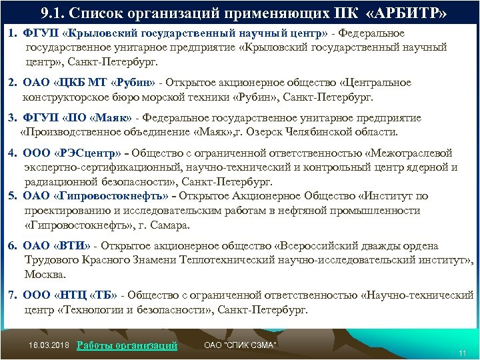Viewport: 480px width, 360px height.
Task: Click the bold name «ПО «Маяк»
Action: [x=100, y=118]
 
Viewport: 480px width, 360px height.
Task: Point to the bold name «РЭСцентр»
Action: [x=93, y=152]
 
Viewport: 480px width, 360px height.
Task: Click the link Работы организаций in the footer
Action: [x=127, y=345]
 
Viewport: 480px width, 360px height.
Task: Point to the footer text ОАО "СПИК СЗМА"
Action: [x=239, y=344]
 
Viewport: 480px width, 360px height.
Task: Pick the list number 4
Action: [x=12, y=152]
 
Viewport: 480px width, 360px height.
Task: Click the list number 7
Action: [x=12, y=294]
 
